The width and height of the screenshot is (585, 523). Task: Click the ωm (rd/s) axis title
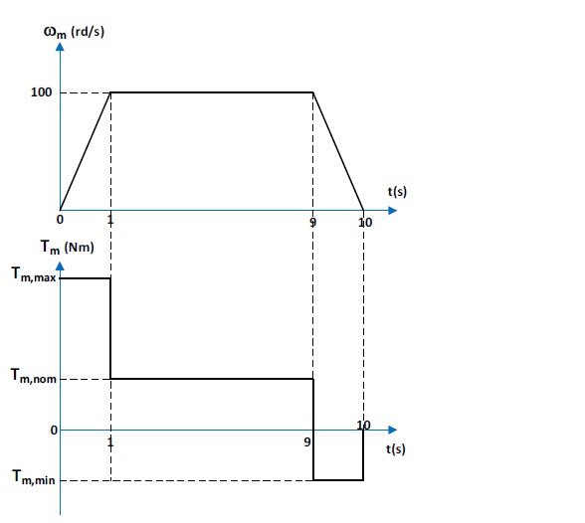74,32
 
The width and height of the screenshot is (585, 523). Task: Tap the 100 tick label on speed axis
41,92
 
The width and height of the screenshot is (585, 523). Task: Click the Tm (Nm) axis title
68,248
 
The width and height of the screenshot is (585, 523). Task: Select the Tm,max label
34,274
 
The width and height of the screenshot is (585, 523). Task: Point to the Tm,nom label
34,376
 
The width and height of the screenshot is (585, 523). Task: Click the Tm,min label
34,477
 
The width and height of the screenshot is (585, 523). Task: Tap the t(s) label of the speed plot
397,192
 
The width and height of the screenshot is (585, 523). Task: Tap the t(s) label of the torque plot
396,448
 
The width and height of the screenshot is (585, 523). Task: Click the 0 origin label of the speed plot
60,220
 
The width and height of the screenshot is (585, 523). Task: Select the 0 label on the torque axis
54,431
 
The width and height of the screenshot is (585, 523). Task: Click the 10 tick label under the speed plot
365,223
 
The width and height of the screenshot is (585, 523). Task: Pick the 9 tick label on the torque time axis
307,442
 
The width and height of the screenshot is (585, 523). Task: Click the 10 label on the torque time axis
363,426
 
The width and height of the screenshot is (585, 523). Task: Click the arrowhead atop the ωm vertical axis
60,47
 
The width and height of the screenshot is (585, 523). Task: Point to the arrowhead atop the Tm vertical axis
60,265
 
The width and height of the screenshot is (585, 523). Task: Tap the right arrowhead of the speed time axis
392,211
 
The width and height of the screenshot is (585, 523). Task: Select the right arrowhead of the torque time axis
392,430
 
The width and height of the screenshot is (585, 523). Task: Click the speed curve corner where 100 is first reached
110,92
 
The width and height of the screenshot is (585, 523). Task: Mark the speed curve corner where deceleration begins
313,92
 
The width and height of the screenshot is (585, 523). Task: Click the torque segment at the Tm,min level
338,480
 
